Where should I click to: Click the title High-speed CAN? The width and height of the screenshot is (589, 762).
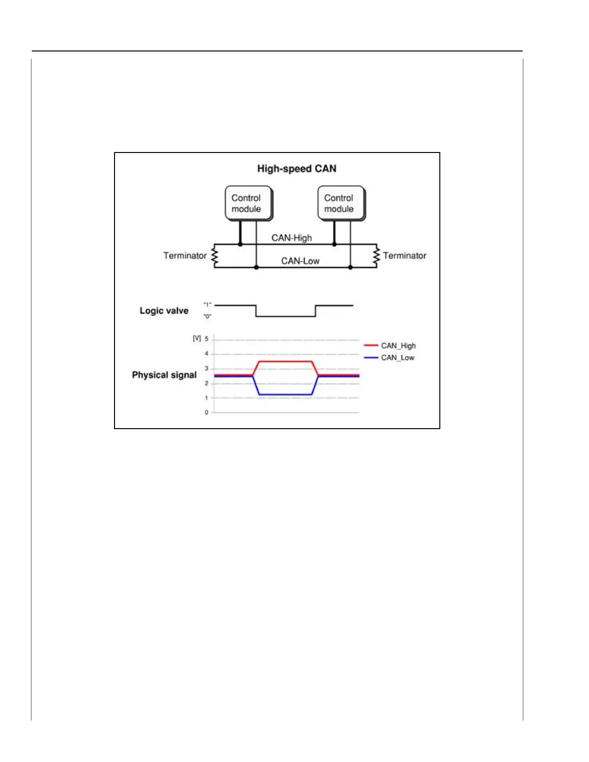(x=296, y=169)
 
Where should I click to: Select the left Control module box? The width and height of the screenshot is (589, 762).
(x=248, y=203)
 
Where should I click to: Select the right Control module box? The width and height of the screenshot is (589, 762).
(x=341, y=203)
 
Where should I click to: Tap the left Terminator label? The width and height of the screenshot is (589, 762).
(x=185, y=256)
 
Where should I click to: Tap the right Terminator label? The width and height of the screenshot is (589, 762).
(x=405, y=256)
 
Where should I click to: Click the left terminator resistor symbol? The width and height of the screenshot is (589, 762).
(x=215, y=256)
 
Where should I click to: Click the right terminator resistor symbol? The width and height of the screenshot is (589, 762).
(x=376, y=256)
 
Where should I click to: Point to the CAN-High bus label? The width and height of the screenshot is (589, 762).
(x=292, y=238)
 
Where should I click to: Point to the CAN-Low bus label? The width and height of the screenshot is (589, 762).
(x=300, y=261)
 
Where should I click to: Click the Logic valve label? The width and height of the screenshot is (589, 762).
(x=164, y=311)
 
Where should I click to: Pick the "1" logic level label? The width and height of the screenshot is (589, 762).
(x=207, y=305)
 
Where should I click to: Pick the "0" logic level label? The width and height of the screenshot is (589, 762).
(x=207, y=317)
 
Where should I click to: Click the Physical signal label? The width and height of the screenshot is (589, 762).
(x=164, y=375)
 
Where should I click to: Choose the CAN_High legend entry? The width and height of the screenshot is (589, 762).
(x=398, y=346)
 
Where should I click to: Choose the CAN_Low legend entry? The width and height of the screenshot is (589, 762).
(x=397, y=358)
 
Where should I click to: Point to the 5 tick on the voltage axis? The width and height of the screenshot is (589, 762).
(x=206, y=339)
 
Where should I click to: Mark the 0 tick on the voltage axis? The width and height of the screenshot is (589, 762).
(x=206, y=413)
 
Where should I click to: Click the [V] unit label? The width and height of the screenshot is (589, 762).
(x=197, y=339)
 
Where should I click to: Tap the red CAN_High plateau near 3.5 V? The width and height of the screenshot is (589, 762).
(x=285, y=361)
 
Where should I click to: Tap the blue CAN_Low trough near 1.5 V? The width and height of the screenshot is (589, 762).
(x=285, y=395)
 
